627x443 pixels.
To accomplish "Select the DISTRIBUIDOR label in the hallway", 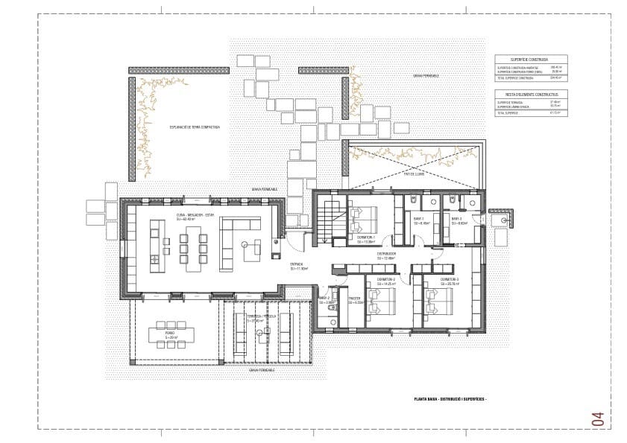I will (x=385, y=254).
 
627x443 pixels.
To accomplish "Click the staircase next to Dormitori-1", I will (x=328, y=220).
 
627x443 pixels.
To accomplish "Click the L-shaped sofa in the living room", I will (x=239, y=243).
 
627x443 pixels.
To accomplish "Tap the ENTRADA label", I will (x=298, y=264).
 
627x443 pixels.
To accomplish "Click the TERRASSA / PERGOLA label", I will (x=261, y=316).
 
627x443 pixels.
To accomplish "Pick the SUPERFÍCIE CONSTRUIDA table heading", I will (x=530, y=59).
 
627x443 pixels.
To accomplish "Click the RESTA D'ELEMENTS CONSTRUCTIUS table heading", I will (x=530, y=95).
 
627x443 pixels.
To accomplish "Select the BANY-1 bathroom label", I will (x=418, y=219).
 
